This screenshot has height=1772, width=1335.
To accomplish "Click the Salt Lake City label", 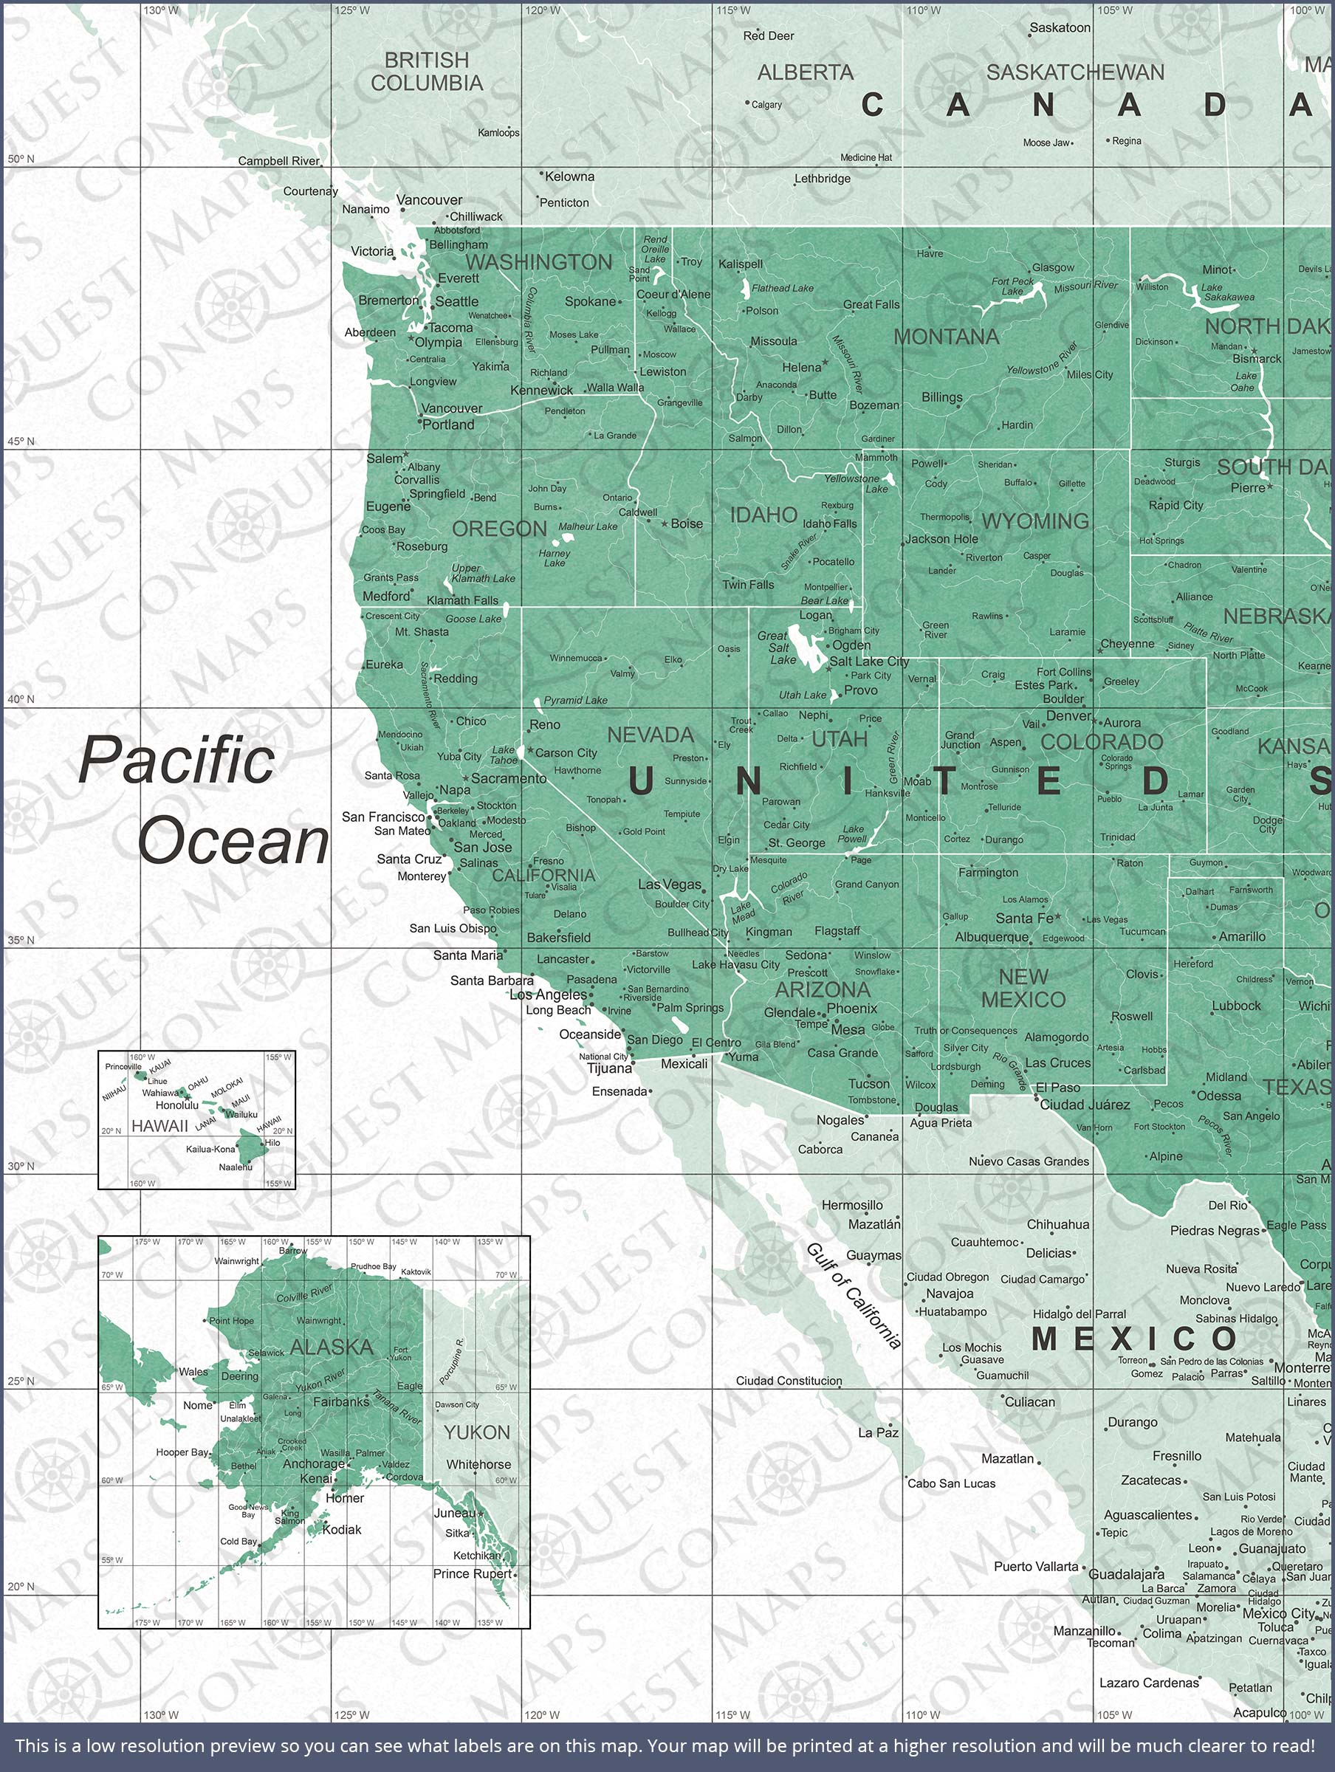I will (868, 661).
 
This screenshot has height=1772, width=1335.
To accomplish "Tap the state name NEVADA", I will (650, 735).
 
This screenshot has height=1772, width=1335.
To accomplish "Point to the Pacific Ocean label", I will (204, 800).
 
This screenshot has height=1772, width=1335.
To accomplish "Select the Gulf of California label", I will (854, 1295).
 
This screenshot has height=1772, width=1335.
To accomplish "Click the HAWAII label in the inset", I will (159, 1125).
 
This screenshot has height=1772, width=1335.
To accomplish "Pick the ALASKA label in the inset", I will (332, 1347).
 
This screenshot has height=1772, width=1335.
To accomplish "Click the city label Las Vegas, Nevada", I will (670, 885).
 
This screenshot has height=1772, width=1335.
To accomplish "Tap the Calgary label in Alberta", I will (766, 105).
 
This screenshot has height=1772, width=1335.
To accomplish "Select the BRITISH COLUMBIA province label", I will (426, 72).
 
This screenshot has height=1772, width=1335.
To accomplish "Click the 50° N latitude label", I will (21, 159).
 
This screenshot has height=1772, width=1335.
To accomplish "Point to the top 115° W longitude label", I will (733, 10).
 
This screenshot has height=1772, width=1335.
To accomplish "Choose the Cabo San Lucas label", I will (951, 1483).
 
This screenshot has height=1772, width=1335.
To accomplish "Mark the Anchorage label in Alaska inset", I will (313, 1463).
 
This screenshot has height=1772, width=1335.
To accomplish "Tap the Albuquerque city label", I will (991, 936).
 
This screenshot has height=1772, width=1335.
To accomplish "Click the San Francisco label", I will (383, 817).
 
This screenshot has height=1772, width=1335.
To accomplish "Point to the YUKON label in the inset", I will (477, 1432).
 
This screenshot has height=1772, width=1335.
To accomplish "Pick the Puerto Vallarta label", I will (1035, 1566).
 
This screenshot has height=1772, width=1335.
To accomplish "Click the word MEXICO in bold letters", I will (1135, 1339).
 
